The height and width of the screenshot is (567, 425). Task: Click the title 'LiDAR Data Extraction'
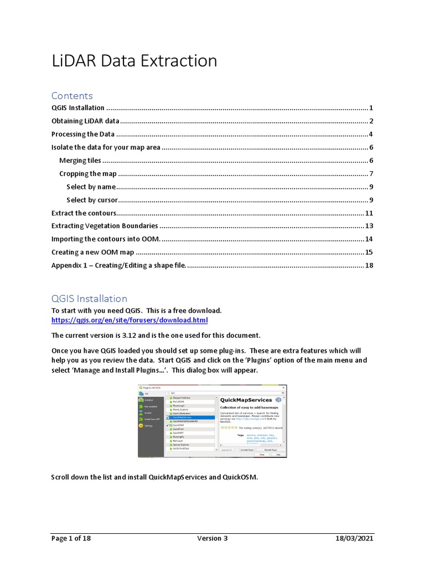(134, 61)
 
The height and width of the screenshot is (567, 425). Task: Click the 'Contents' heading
(72, 96)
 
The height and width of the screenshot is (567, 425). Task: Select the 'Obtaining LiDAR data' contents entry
(86, 121)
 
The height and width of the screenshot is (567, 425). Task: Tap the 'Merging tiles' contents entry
(80, 161)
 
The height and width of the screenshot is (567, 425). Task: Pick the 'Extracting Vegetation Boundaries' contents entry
(105, 226)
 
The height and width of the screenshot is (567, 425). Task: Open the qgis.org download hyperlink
(129, 320)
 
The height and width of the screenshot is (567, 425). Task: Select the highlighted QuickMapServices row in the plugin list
(191, 417)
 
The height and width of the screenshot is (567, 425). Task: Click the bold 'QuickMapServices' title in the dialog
(246, 400)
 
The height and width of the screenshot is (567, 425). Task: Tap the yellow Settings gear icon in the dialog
(141, 426)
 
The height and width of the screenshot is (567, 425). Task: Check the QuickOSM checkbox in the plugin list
(168, 425)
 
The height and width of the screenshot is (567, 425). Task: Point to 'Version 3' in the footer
(212, 538)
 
